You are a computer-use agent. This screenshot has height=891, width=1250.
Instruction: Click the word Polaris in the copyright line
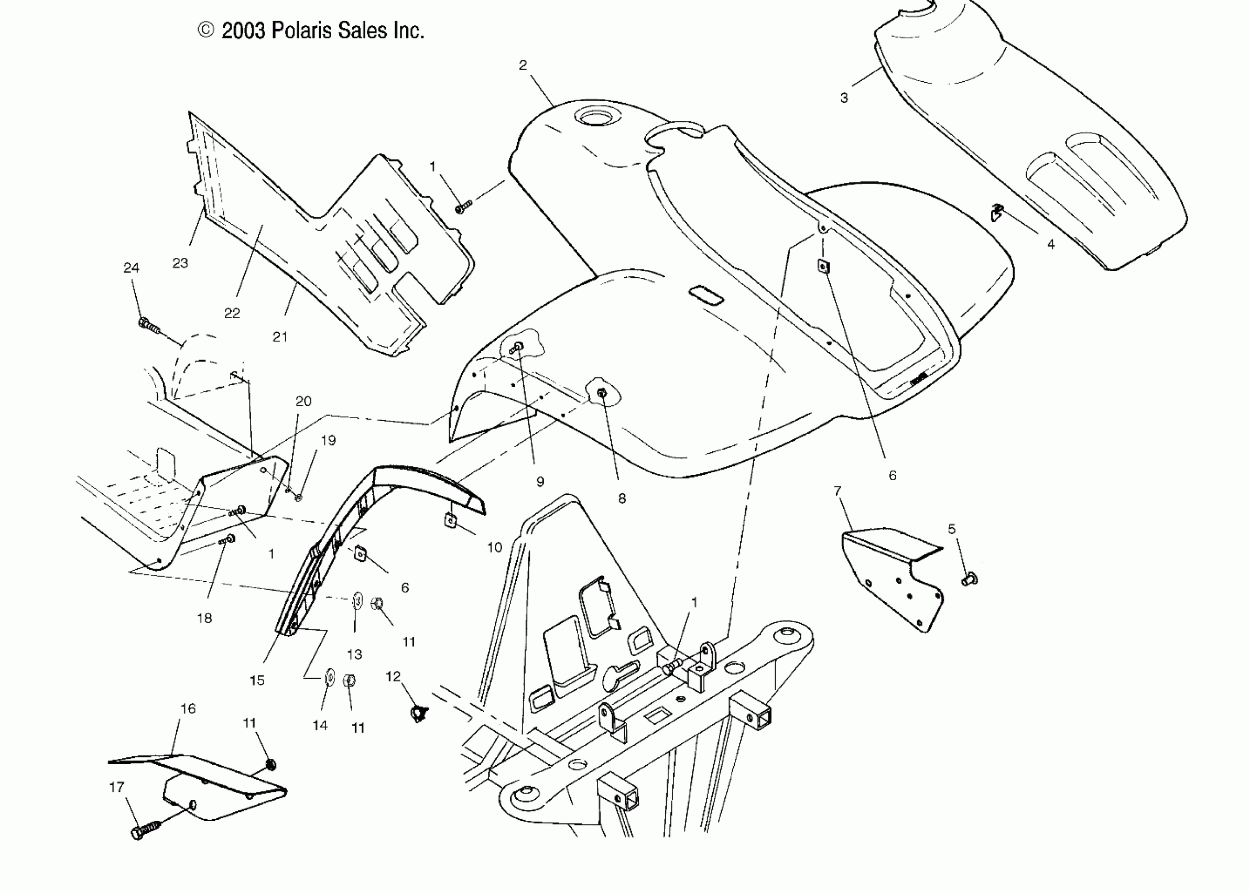point(302,31)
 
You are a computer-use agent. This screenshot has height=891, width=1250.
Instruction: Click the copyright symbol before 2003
point(205,30)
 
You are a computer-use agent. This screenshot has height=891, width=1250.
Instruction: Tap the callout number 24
point(131,268)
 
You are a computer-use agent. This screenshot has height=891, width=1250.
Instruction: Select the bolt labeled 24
point(148,326)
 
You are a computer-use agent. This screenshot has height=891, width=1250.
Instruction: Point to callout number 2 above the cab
point(523,66)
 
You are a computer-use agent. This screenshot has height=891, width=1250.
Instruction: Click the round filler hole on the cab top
point(594,116)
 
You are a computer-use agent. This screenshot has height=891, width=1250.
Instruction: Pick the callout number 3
point(844,97)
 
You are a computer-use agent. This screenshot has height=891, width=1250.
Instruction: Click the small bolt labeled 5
point(969,578)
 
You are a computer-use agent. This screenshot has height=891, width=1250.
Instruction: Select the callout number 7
point(838,491)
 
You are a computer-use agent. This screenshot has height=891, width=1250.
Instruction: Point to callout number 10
point(494,547)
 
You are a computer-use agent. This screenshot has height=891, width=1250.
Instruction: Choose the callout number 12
point(393,677)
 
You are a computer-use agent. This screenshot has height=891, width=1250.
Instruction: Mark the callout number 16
point(188,708)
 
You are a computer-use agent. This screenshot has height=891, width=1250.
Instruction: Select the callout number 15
point(257,680)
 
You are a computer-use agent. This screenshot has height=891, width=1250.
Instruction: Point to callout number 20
point(303,401)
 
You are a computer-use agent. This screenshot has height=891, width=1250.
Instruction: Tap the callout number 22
point(232,313)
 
